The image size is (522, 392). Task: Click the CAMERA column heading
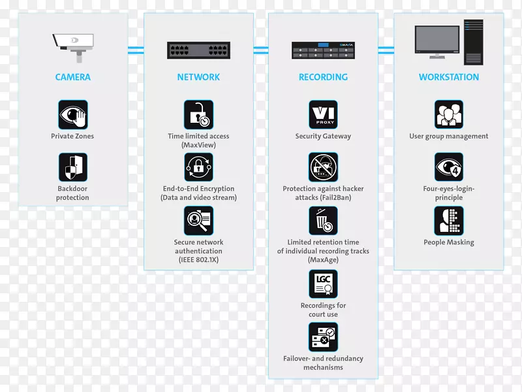[73, 77]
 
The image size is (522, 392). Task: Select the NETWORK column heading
[198, 77]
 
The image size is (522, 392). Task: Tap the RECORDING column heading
[323, 77]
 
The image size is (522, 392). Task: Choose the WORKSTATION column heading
[449, 77]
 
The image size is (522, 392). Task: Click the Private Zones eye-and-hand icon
[73, 114]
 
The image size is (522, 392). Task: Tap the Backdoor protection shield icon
[73, 168]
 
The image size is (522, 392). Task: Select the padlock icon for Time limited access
[198, 114]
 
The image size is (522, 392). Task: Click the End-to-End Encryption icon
[198, 167]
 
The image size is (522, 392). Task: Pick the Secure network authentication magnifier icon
[198, 221]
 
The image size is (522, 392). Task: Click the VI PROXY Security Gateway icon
[323, 114]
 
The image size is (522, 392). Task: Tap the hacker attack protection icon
[323, 167]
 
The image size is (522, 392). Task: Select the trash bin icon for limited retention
[323, 221]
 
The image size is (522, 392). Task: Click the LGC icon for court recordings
[323, 284]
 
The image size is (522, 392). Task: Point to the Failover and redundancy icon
[323, 337]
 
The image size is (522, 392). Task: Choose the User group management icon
[449, 114]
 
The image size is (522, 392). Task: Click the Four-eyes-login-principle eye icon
[449, 167]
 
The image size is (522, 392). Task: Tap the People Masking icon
[449, 221]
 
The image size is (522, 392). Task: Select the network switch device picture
[198, 50]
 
